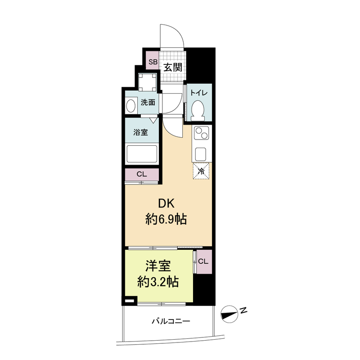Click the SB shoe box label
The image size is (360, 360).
153,62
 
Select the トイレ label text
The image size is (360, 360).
198,93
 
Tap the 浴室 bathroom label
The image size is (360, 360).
140,132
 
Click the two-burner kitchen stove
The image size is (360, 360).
201,134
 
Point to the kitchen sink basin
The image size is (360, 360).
200,153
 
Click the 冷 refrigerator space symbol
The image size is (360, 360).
201,171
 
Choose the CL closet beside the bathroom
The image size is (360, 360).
141,174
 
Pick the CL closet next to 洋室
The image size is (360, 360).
203,261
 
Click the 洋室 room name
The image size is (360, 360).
158,266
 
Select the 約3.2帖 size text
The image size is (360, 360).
158,282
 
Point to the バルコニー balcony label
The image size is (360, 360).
171,321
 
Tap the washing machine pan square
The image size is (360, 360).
148,82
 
